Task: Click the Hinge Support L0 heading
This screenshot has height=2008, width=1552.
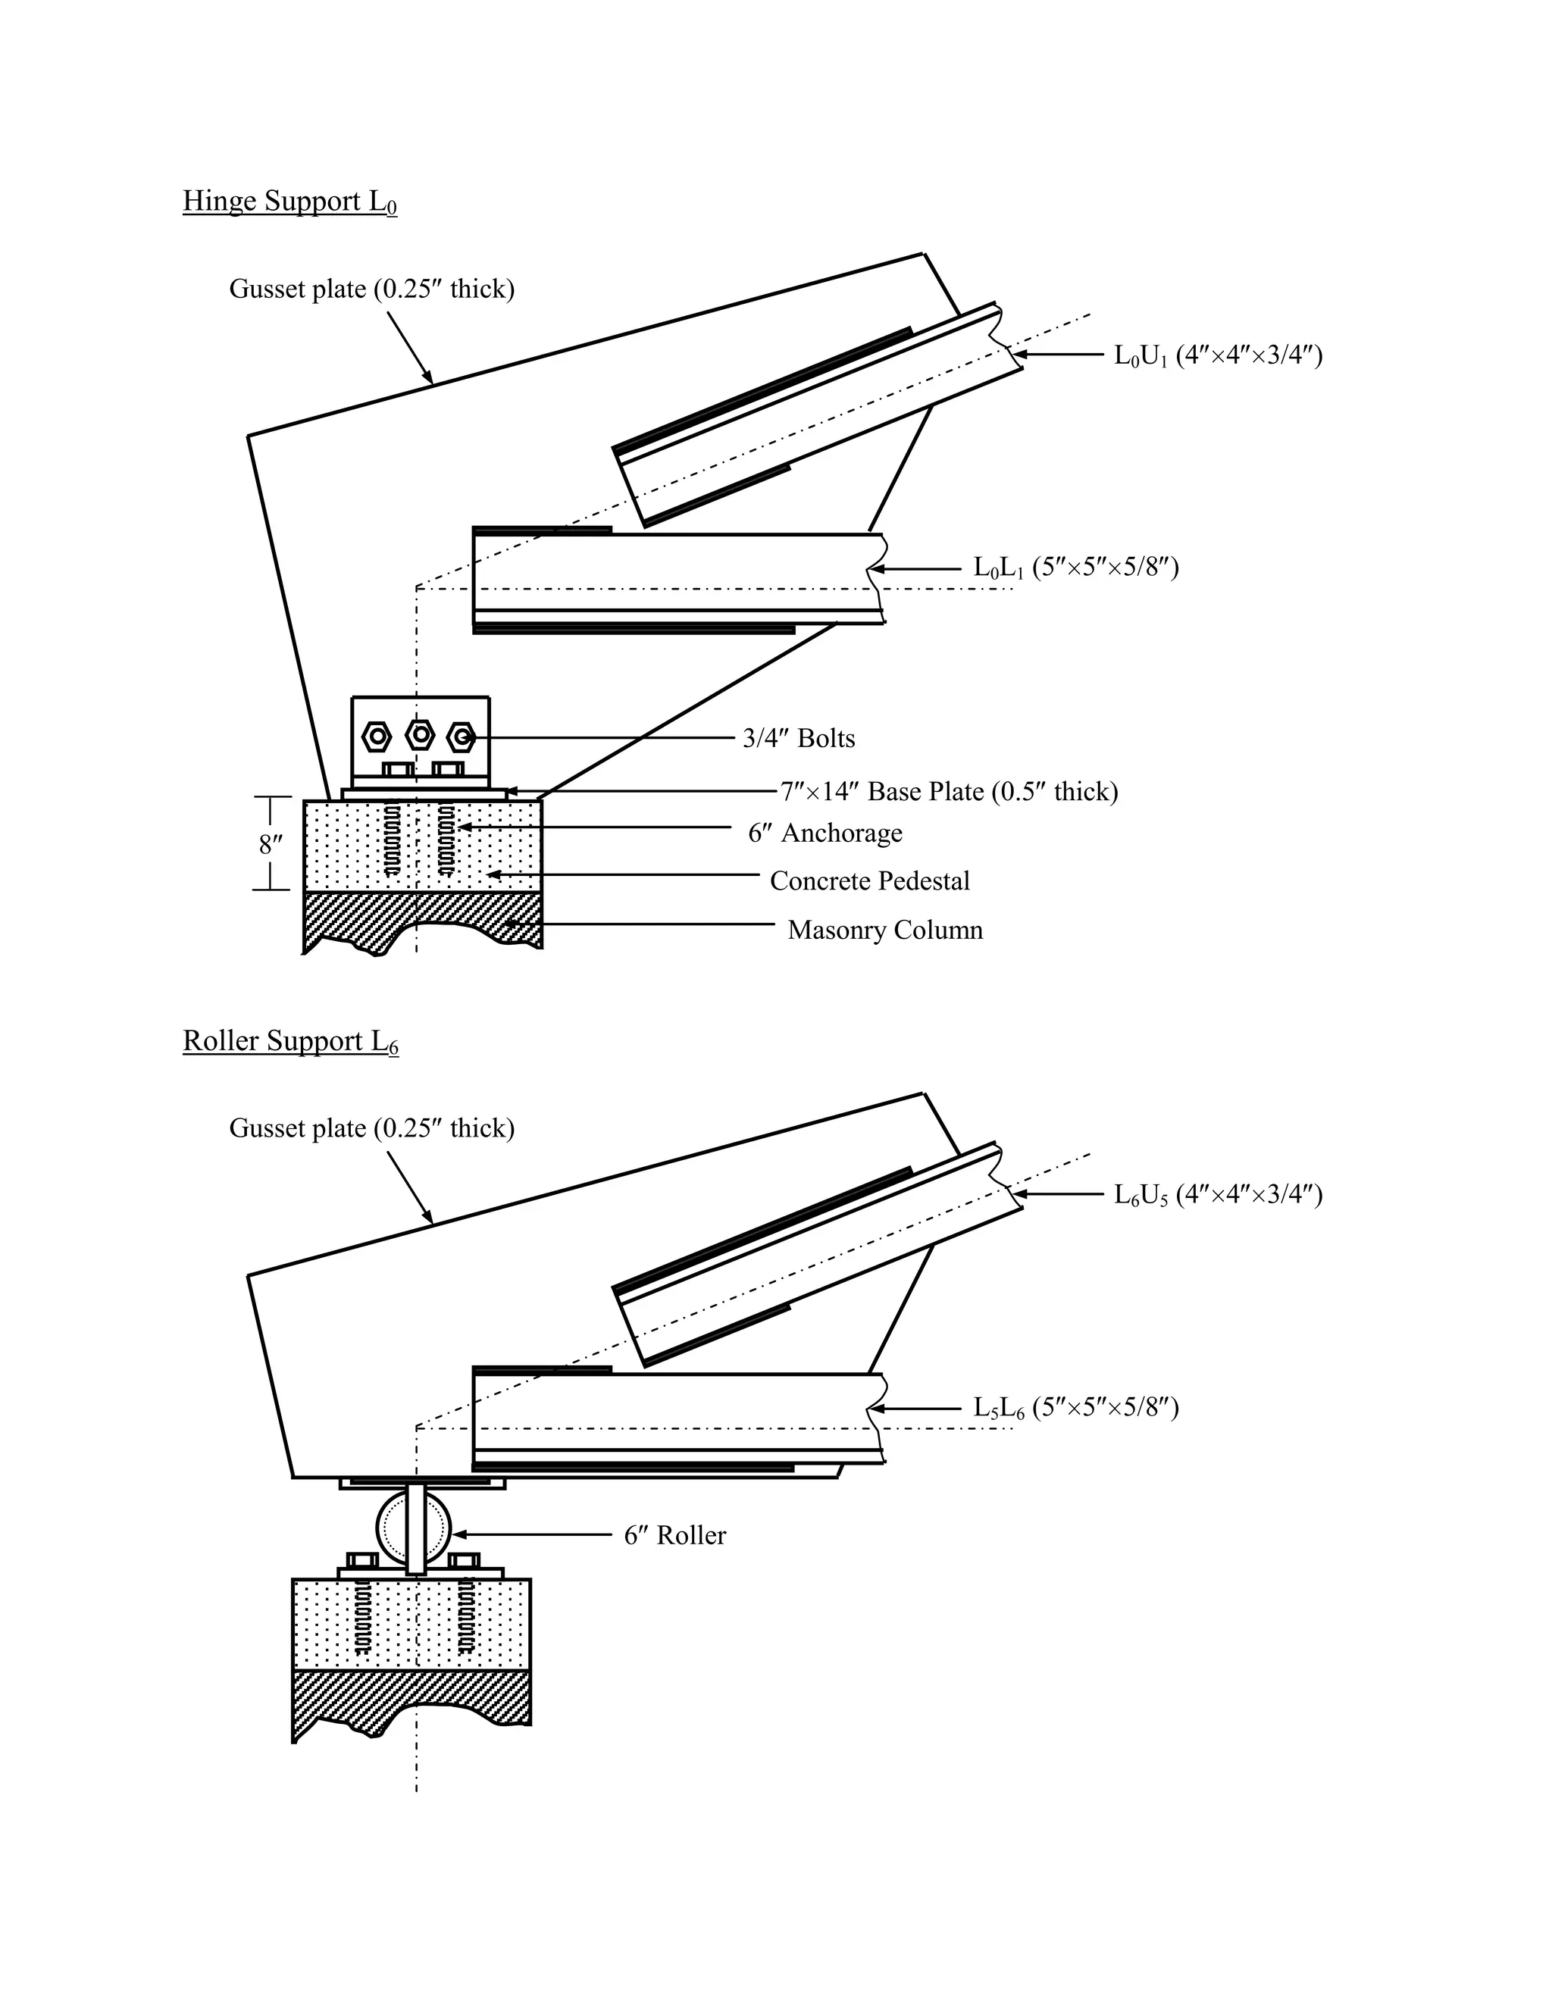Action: click(x=289, y=202)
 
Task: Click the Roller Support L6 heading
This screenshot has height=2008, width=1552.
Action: click(x=290, y=1041)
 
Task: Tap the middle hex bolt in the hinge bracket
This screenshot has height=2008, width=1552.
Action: click(x=420, y=736)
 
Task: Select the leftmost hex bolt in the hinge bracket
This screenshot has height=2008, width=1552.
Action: click(x=377, y=737)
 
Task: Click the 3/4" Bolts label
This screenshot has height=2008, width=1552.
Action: click(x=798, y=738)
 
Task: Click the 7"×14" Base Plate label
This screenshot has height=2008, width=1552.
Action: click(x=949, y=792)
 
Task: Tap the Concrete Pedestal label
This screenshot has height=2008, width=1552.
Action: click(x=869, y=880)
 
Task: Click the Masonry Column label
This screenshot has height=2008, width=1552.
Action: click(x=884, y=930)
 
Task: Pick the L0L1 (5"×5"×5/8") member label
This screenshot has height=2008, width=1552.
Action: click(x=1076, y=568)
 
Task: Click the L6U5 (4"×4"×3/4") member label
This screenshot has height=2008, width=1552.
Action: click(x=1217, y=1194)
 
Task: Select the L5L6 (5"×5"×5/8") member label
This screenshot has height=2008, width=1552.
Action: click(x=1076, y=1408)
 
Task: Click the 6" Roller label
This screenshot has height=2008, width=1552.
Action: click(x=675, y=1535)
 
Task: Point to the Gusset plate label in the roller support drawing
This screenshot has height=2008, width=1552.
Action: click(x=371, y=1128)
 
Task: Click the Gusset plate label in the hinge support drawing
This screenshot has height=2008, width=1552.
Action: click(x=371, y=289)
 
